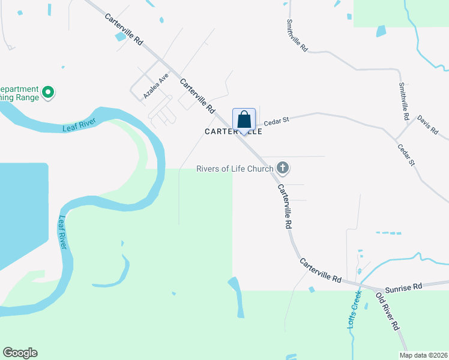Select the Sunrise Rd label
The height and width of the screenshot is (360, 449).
(x=404, y=287)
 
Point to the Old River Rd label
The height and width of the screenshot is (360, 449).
(x=387, y=312)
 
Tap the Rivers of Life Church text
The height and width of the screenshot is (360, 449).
(x=235, y=169)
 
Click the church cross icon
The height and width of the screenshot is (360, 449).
(x=283, y=169)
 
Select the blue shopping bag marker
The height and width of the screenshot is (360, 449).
(x=244, y=119)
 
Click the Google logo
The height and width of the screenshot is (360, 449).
(x=20, y=353)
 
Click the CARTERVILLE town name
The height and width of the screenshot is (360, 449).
(x=234, y=131)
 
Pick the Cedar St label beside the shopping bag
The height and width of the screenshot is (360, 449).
(x=277, y=120)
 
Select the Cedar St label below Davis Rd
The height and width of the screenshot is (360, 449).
(x=406, y=154)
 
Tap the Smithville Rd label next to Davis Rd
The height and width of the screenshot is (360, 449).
(x=403, y=101)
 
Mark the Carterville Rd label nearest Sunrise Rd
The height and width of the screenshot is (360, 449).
(x=321, y=272)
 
